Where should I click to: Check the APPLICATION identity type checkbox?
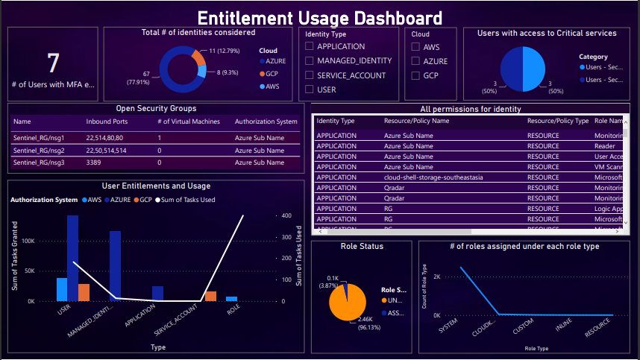[x=310, y=47]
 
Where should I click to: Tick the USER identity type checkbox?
[x=310, y=89]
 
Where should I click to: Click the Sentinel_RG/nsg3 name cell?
[x=39, y=162]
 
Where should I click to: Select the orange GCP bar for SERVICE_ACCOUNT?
[x=211, y=296]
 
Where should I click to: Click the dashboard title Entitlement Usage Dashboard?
[x=320, y=19]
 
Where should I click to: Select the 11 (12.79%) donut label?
[x=225, y=51]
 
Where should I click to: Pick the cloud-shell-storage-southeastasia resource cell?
[x=433, y=178]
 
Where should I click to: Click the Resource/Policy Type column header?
[x=558, y=121]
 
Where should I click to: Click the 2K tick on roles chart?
[x=437, y=276]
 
